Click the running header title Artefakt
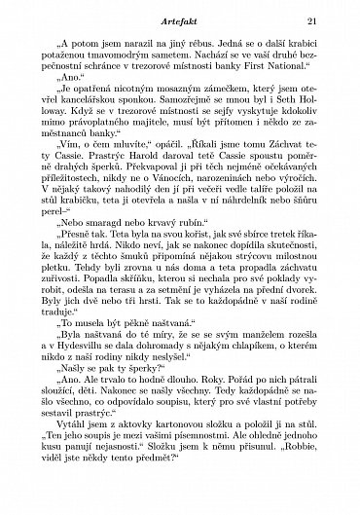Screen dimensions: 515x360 [179, 22]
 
